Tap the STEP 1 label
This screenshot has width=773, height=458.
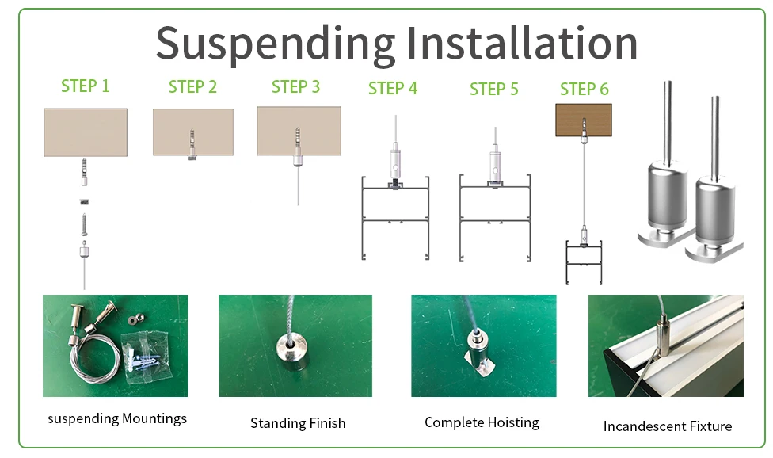click(86, 86)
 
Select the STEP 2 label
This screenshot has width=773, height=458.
click(192, 86)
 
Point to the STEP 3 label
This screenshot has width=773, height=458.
click(295, 86)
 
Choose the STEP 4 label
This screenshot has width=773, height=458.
click(393, 89)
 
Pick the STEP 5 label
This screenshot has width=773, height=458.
click(493, 89)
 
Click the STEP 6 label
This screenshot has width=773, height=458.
click(585, 89)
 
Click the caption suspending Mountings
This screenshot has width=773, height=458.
click(117, 418)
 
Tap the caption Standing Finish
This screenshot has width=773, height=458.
click(298, 423)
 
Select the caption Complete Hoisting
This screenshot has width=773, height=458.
click(482, 422)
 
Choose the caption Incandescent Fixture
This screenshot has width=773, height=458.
click(667, 426)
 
